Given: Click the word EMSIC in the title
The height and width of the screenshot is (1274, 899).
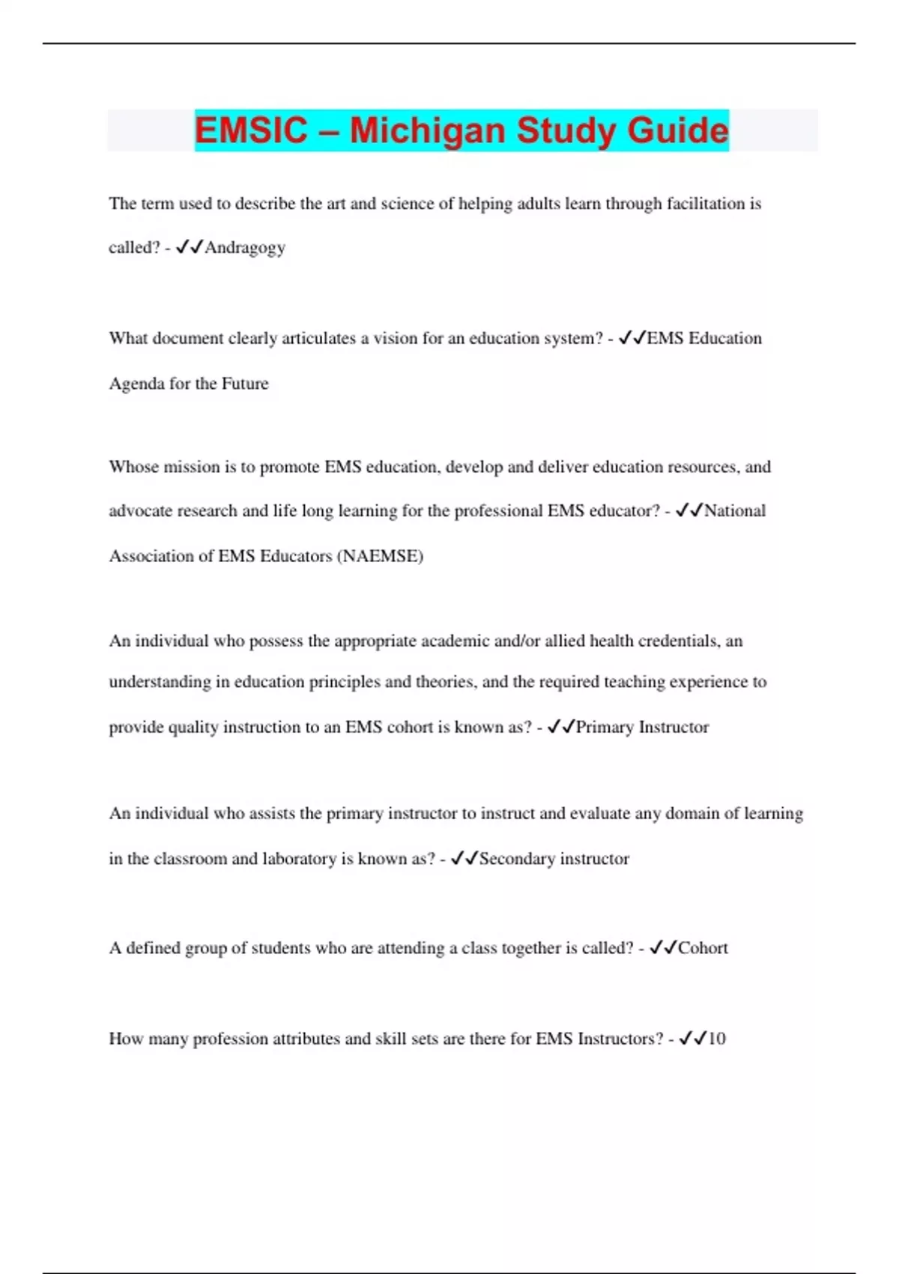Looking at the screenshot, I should [x=251, y=130].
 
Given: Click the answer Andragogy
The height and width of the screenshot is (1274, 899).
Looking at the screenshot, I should [x=245, y=248].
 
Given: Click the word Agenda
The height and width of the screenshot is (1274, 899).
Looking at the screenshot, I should [x=136, y=384].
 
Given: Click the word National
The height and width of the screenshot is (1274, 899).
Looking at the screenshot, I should [x=735, y=511].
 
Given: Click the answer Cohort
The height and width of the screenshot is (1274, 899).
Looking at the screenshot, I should [x=703, y=948].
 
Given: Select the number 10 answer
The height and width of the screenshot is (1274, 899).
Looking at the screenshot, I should [x=716, y=1039].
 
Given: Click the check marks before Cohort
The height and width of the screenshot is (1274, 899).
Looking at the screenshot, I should [x=663, y=948].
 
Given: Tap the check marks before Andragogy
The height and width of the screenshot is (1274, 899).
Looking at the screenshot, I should [x=190, y=248].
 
